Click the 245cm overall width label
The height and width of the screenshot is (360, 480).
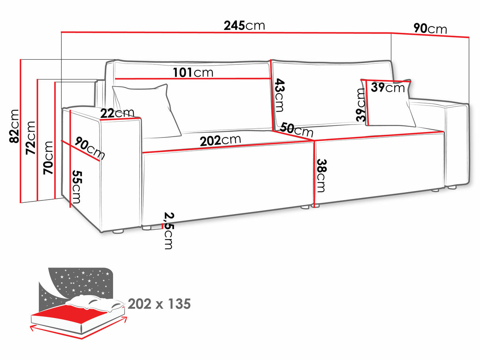click(x=244, y=26)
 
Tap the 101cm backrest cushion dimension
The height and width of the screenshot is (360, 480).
click(x=193, y=72)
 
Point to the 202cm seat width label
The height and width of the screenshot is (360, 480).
click(x=220, y=141)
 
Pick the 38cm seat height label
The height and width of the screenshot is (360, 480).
click(x=321, y=175)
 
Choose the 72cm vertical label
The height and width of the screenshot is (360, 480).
click(x=31, y=138)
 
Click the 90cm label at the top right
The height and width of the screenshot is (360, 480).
click(x=430, y=29)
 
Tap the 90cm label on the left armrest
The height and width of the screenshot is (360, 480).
click(x=90, y=149)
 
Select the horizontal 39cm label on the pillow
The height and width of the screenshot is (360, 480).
click(x=387, y=87)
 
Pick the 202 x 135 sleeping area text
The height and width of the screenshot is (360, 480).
click(x=159, y=304)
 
